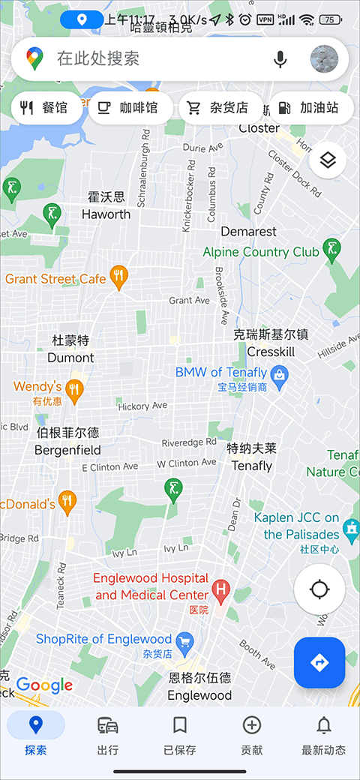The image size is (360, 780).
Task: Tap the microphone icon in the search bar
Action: [280, 59]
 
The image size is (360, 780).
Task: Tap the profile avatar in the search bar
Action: [324, 59]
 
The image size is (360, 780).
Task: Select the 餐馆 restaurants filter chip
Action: [45, 108]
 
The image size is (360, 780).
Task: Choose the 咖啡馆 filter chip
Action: [130, 108]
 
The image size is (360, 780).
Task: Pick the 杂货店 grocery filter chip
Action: [220, 108]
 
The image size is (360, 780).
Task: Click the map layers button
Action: [327, 160]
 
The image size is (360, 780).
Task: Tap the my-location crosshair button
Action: [319, 589]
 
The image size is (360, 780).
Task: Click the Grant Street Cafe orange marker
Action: [118, 277]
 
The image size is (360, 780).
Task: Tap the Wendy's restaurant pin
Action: [73, 388]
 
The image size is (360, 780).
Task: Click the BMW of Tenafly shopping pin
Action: [279, 373]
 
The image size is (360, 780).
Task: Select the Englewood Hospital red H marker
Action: [220, 589]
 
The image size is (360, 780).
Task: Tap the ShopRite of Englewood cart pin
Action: [184, 640]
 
